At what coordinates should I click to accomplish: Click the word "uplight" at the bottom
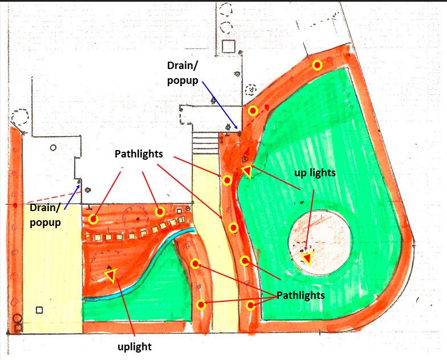tap(135, 347)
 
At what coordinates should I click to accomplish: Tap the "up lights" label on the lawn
tap(315, 173)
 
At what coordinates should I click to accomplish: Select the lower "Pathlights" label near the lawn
tap(300, 296)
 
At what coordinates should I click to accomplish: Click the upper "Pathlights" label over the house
tap(139, 154)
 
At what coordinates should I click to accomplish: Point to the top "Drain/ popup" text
tap(182, 73)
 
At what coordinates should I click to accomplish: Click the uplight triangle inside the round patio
tap(307, 258)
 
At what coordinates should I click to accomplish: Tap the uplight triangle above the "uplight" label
tap(111, 275)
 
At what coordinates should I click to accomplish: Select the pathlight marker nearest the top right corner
tap(317, 65)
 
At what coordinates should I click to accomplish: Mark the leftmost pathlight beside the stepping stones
tap(94, 219)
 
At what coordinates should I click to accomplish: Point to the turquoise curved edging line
tap(137, 268)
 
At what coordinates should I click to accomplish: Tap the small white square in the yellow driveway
tap(39, 310)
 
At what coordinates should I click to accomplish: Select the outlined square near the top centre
tap(229, 47)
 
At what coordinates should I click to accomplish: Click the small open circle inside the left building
tap(53, 148)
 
